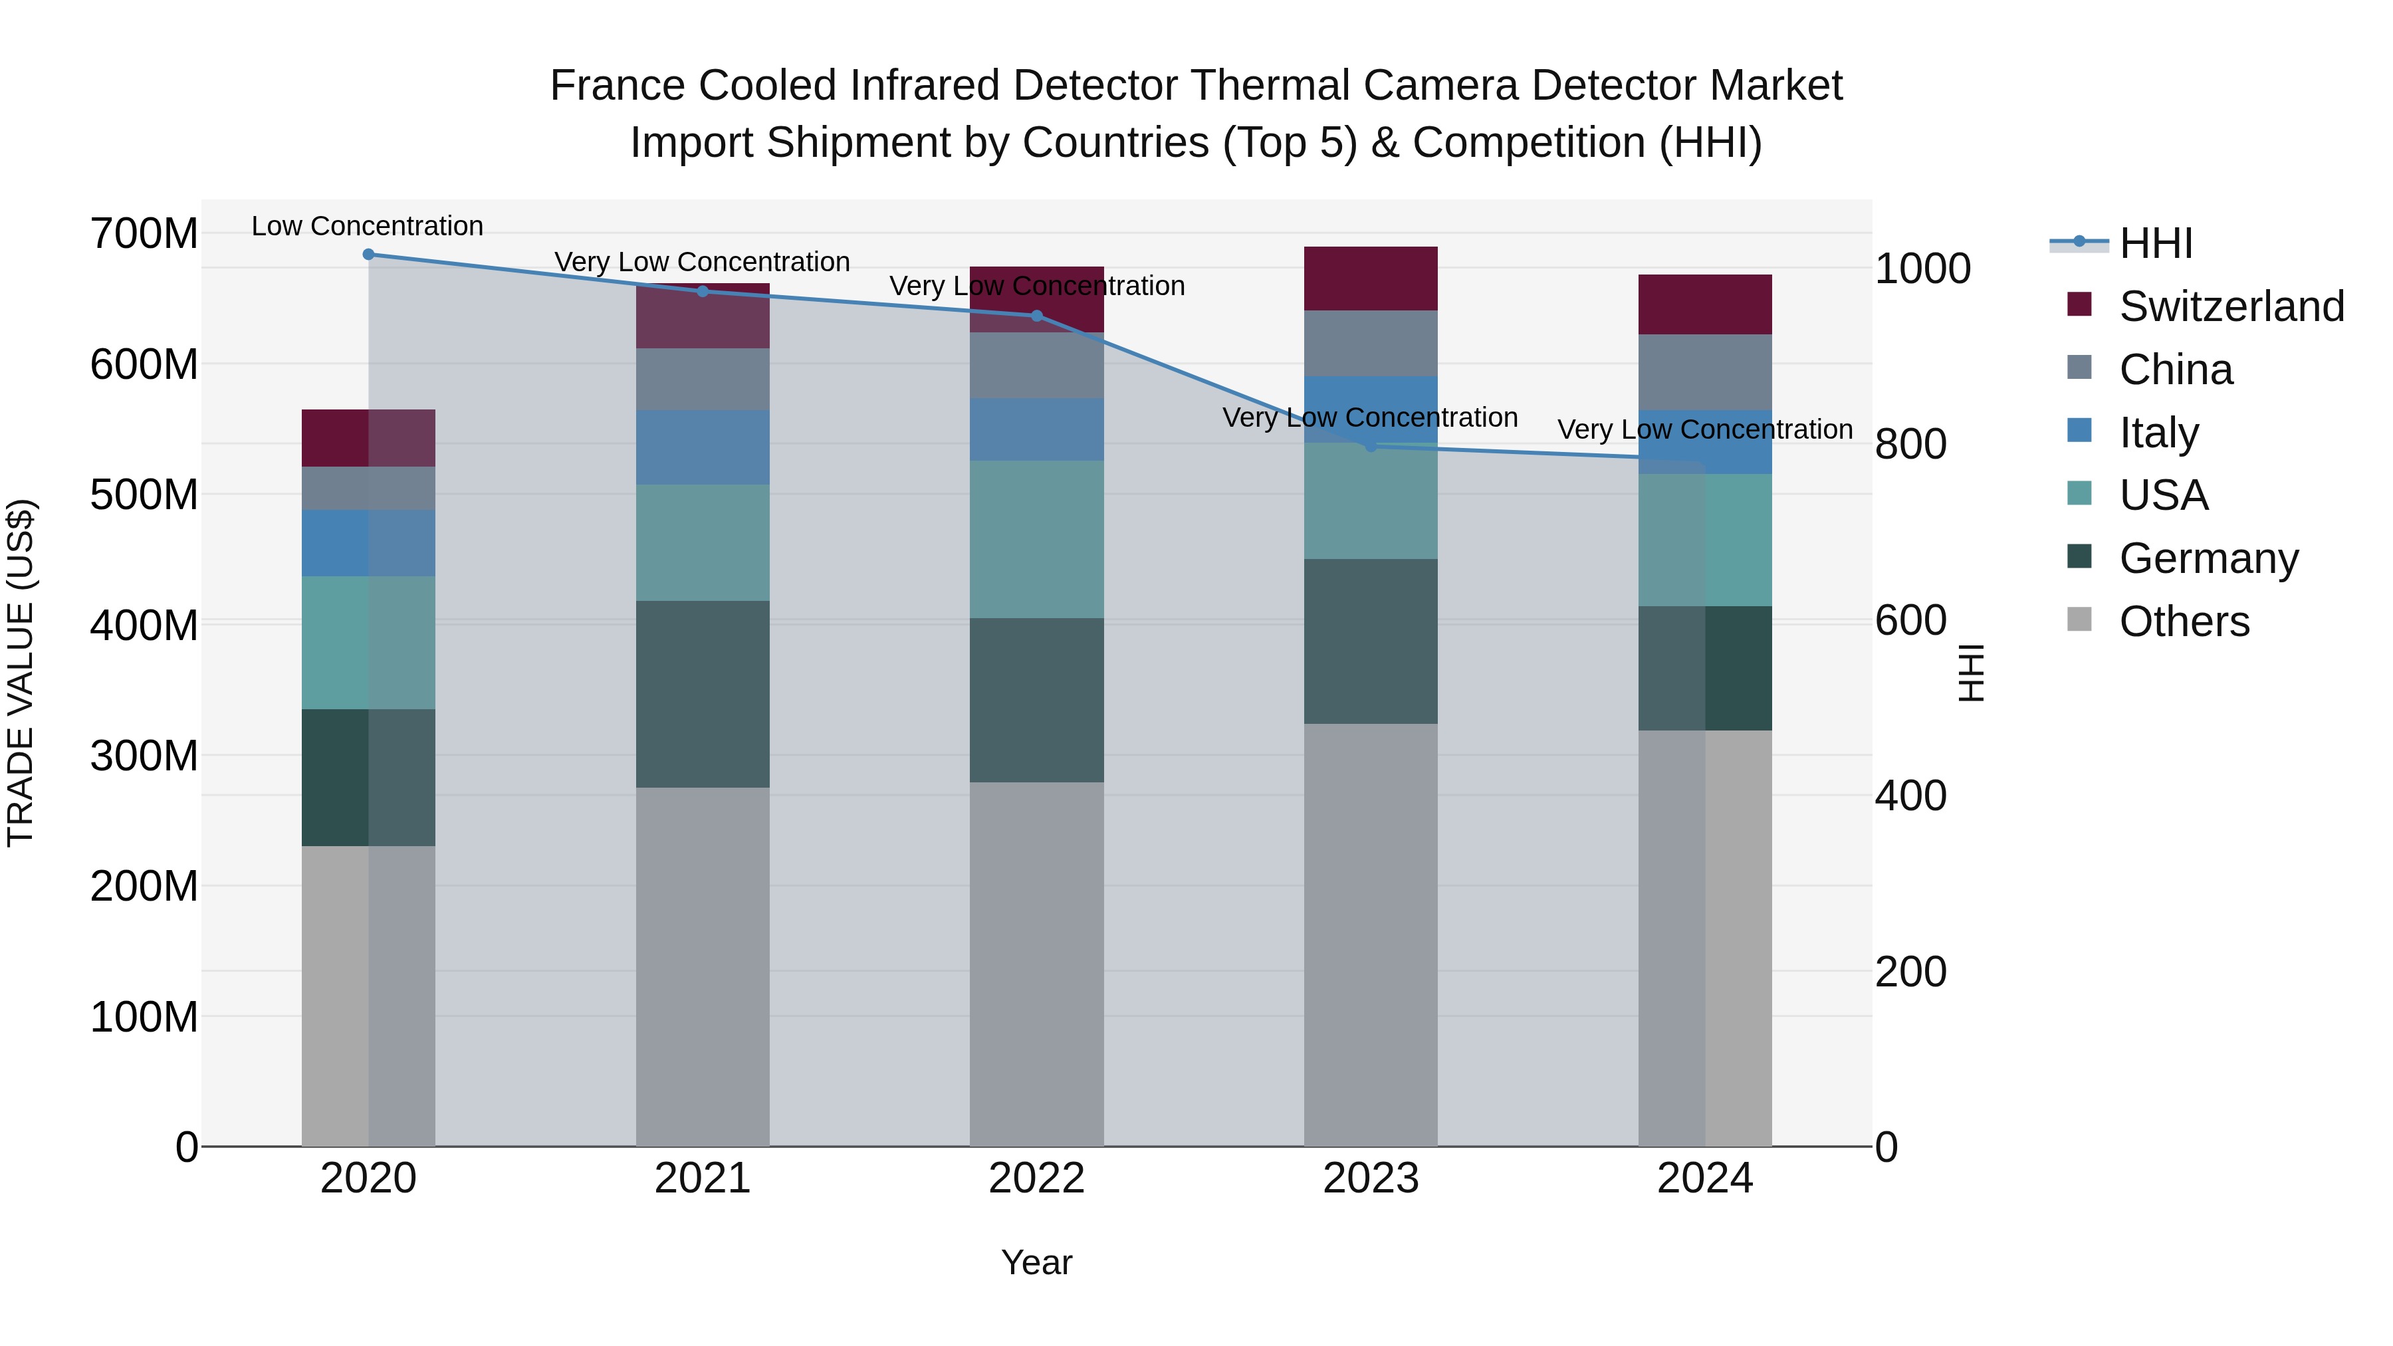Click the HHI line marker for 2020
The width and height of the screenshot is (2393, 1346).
pos(369,255)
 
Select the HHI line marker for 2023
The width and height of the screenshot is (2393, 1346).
pos(1371,447)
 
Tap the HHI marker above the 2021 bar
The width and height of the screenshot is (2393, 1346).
pos(703,292)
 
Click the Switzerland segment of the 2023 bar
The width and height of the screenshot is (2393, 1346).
pos(1371,279)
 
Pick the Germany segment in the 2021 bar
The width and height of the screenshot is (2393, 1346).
pos(703,694)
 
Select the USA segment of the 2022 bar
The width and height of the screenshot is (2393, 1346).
pos(1037,540)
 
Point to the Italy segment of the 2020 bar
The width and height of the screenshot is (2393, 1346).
pos(369,544)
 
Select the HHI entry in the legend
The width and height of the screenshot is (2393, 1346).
pos(2155,243)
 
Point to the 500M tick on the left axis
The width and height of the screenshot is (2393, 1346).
pos(144,495)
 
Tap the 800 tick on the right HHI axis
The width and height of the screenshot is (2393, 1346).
pos(1910,444)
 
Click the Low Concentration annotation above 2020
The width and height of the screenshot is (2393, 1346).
pos(368,227)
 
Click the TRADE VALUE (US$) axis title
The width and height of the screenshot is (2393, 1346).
pos(21,673)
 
